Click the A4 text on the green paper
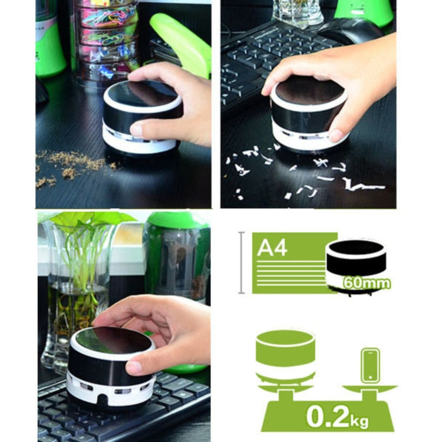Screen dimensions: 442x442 pos(272,247)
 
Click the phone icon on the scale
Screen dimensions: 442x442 pos(370,366)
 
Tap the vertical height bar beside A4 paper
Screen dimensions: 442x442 pos(241,263)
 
